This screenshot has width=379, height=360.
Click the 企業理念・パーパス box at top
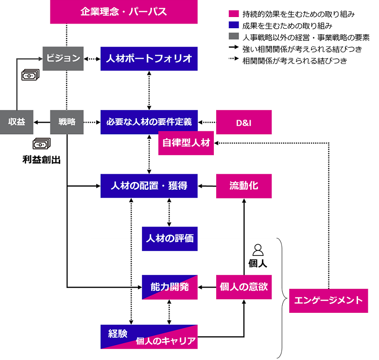point(123,12)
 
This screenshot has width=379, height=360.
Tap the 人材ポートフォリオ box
point(149,58)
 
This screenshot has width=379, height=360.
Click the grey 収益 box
point(17,122)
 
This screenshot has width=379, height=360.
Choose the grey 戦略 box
point(67,122)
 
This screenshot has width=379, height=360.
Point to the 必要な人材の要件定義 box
point(149,122)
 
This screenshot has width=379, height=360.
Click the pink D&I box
point(243,122)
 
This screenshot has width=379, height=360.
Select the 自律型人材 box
point(186,144)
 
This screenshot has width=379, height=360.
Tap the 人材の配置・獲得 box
point(149,186)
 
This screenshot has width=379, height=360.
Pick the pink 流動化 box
point(243,186)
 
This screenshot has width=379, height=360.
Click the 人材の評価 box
point(170,239)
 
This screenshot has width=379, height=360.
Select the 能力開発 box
point(170,287)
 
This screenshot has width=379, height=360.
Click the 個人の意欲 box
point(243,287)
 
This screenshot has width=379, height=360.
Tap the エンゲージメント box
point(328,300)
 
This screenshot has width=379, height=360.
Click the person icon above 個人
point(258,250)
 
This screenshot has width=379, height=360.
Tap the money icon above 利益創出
point(41,144)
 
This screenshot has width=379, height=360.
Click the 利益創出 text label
point(41,160)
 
